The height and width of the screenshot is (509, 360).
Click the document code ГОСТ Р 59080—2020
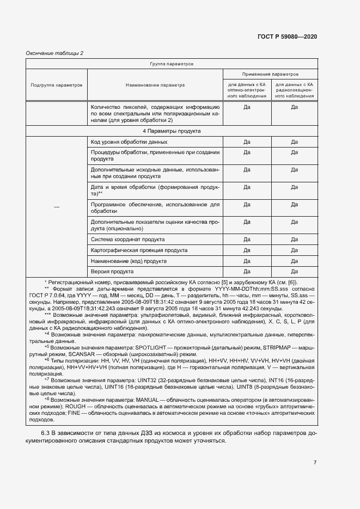click(x=286, y=36)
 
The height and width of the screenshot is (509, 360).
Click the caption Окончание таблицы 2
click(x=54, y=53)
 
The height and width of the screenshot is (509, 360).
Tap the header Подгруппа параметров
click(x=57, y=85)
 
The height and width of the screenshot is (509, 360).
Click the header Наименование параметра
click(x=155, y=85)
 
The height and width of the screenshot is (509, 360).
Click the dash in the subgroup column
click(x=57, y=207)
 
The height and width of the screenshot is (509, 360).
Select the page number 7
click(x=315, y=463)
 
